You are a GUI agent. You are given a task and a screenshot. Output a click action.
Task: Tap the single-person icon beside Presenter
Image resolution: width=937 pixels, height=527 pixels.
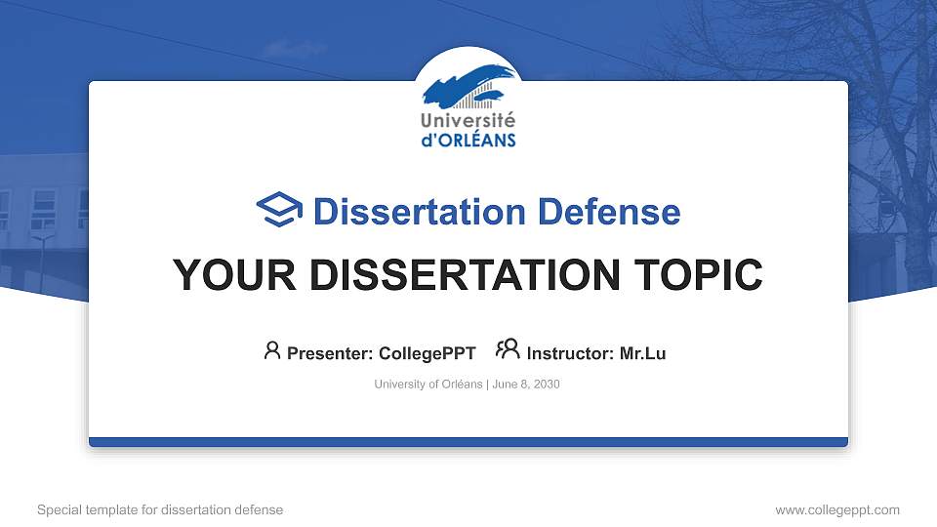pyautogui.click(x=272, y=350)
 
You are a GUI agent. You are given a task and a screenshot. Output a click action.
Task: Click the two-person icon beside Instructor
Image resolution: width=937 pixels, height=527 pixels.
pyautogui.click(x=508, y=350)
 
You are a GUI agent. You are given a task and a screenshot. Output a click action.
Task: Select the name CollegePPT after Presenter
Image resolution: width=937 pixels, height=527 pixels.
pyautogui.click(x=427, y=353)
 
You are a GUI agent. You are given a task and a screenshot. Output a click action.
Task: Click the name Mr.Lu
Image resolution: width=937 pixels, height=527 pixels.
pyautogui.click(x=642, y=353)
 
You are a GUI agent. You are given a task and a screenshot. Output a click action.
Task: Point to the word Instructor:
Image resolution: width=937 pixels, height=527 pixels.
pyautogui.click(x=570, y=353)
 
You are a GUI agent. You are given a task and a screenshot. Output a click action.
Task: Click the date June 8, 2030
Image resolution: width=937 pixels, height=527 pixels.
pyautogui.click(x=526, y=385)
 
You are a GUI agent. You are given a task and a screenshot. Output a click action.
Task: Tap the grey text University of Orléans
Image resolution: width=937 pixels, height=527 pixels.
pyautogui.click(x=428, y=385)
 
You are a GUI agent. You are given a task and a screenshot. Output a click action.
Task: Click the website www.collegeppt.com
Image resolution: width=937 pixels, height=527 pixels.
pyautogui.click(x=837, y=509)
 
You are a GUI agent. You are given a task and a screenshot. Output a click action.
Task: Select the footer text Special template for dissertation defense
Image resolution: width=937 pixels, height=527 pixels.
pyautogui.click(x=160, y=509)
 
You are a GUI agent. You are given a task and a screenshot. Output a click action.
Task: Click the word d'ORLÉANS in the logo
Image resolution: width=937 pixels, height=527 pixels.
pyautogui.click(x=468, y=140)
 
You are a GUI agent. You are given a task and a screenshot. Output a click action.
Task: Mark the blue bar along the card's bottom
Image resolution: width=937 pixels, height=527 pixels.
pyautogui.click(x=468, y=442)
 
